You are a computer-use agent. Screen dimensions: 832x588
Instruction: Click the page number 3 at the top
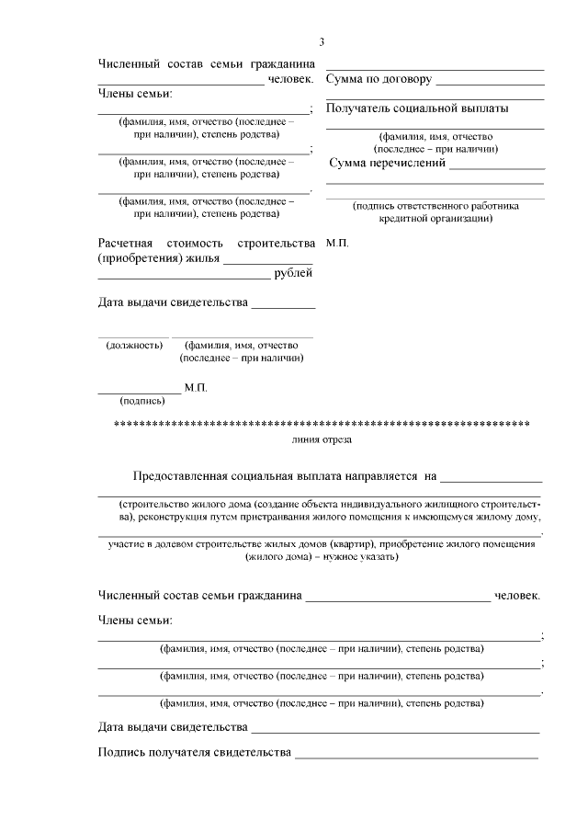pyautogui.click(x=322, y=41)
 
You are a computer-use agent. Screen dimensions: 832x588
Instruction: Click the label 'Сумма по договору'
pyautogui.click(x=379, y=79)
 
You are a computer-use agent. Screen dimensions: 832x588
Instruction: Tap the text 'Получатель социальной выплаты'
pyautogui.click(x=404, y=108)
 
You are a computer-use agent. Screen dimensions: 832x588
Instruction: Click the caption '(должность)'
pyautogui.click(x=134, y=346)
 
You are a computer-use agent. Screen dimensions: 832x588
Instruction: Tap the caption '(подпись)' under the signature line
pyautogui.click(x=142, y=401)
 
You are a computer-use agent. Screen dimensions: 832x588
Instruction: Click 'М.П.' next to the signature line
pyautogui.click(x=196, y=388)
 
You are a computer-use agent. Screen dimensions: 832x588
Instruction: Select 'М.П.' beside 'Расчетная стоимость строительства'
pyautogui.click(x=337, y=244)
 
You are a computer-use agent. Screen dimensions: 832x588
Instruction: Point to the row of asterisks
pyautogui.click(x=321, y=425)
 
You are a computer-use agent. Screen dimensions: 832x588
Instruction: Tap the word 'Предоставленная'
pyautogui.click(x=179, y=478)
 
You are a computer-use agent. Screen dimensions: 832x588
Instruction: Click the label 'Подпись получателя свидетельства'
pyautogui.click(x=193, y=754)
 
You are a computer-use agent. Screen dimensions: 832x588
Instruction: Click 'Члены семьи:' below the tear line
pyautogui.click(x=135, y=621)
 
